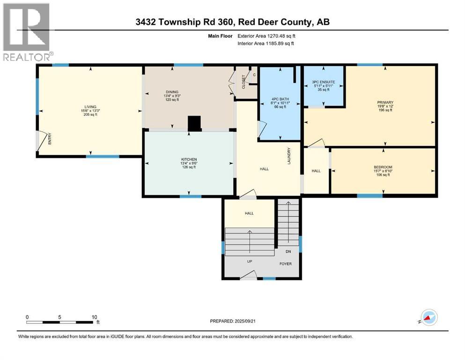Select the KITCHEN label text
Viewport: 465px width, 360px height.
[x=190, y=159]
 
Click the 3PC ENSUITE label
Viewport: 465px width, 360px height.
[x=324, y=82]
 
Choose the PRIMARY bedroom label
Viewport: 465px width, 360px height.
[x=385, y=102]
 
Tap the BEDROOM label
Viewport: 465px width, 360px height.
[x=383, y=167]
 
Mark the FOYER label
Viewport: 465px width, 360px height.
[x=286, y=264]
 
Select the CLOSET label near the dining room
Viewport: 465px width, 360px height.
[x=244, y=82]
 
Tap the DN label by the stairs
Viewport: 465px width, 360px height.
[x=289, y=251]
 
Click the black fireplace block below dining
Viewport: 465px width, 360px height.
[x=194, y=123]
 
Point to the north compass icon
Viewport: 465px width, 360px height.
[x=429, y=318]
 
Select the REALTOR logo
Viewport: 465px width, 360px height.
[x=26, y=32]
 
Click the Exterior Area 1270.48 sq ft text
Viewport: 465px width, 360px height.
[x=266, y=36]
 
